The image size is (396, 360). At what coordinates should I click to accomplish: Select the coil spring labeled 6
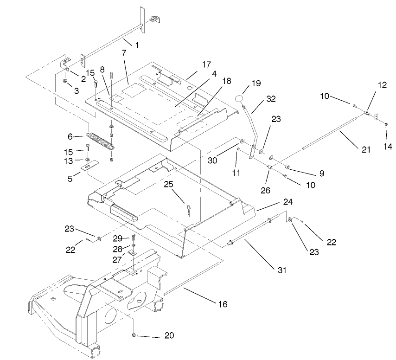[x=101, y=141]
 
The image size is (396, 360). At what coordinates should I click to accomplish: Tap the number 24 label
[x=288, y=202]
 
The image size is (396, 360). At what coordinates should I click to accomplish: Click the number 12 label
[x=381, y=85]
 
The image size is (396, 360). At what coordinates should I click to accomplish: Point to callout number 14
[x=388, y=147]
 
